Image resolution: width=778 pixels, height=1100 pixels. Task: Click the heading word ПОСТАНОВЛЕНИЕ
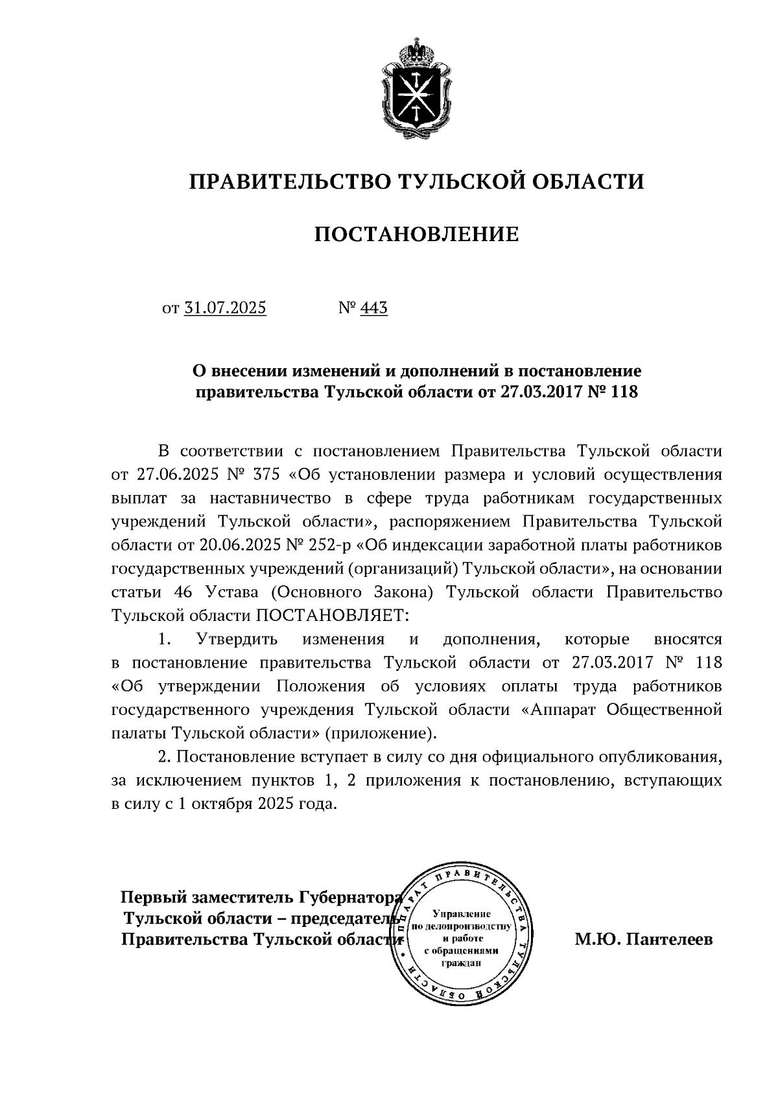pos(416,234)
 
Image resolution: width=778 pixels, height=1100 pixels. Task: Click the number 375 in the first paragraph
pos(263,474)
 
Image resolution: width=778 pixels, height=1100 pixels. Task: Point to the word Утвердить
pos(237,639)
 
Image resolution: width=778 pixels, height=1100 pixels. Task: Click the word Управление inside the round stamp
pos(461,913)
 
